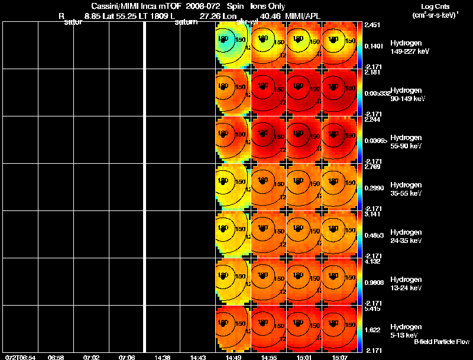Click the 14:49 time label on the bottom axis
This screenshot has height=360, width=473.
pos(233,357)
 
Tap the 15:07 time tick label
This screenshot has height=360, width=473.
pos(339,357)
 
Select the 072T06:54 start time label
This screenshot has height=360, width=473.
pos(20,357)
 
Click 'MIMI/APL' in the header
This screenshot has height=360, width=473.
pos(303,16)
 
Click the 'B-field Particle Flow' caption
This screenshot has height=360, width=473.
pos(440,342)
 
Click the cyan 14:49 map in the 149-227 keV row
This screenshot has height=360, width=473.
pos(233,45)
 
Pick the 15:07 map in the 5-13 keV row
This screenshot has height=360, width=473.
pos(339,329)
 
